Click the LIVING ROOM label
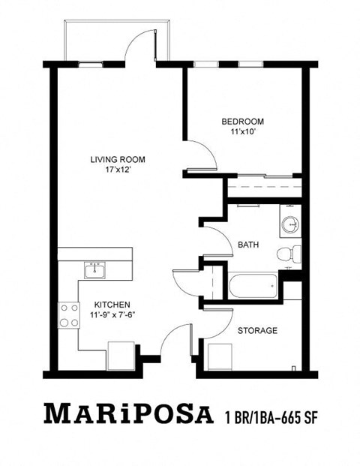[x=117, y=159]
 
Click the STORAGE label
[x=257, y=330]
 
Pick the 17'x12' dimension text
[x=117, y=170]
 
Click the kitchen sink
[x=94, y=269]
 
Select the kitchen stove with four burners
[x=70, y=314]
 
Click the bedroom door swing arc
[x=203, y=155]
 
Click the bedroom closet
[x=262, y=185]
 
